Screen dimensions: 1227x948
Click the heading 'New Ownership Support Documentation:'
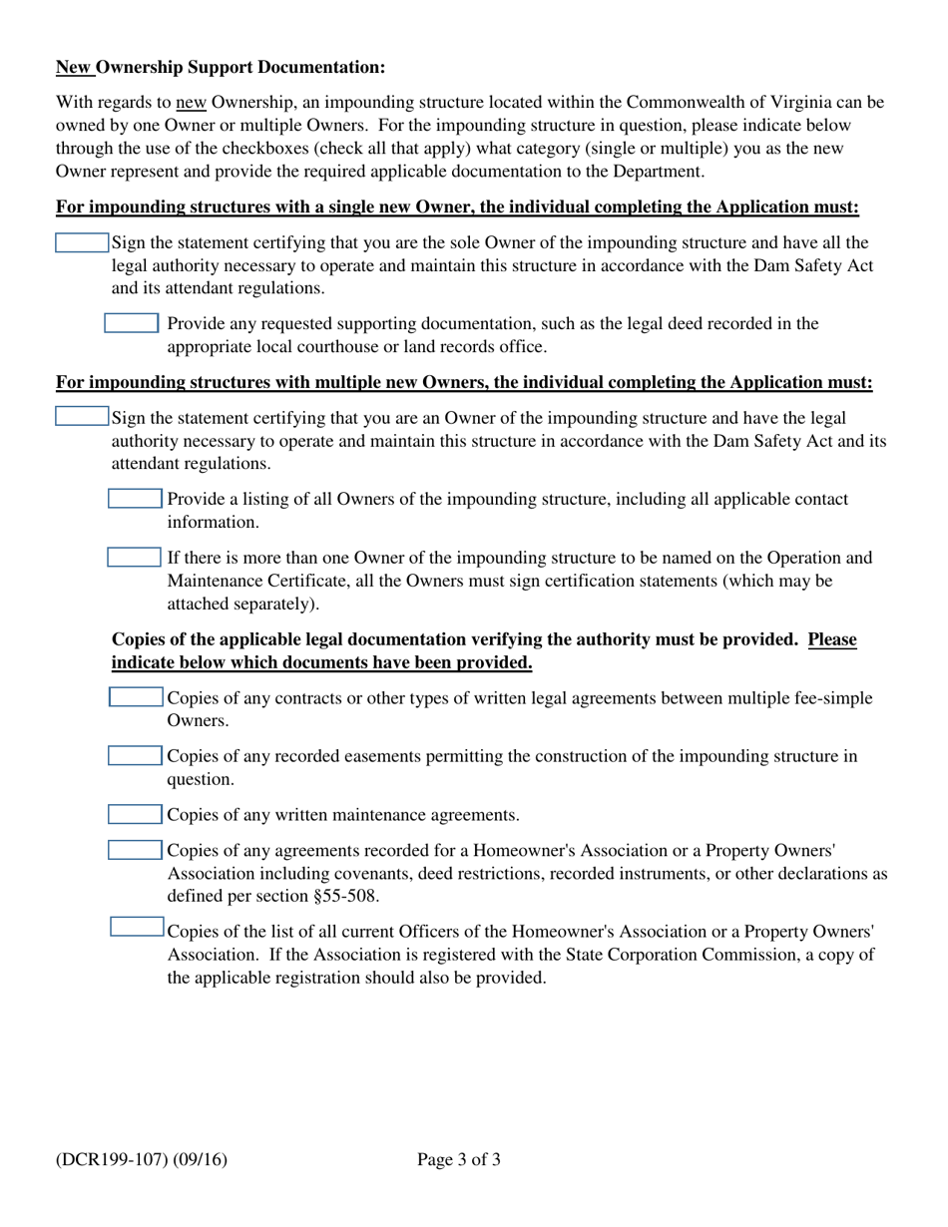coord(220,68)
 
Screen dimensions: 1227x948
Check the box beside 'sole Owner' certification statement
coord(82,243)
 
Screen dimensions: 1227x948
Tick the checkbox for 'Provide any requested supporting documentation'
coord(132,323)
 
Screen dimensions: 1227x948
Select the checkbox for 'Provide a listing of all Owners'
coord(134,499)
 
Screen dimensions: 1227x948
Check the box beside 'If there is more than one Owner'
coord(134,557)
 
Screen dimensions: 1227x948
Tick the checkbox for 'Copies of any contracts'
coord(135,698)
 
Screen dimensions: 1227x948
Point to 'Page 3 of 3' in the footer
coord(459,1159)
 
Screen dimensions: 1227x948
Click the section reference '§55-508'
coord(345,896)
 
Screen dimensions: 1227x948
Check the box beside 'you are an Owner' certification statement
coord(82,416)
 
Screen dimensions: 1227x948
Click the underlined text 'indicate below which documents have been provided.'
coord(321,663)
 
